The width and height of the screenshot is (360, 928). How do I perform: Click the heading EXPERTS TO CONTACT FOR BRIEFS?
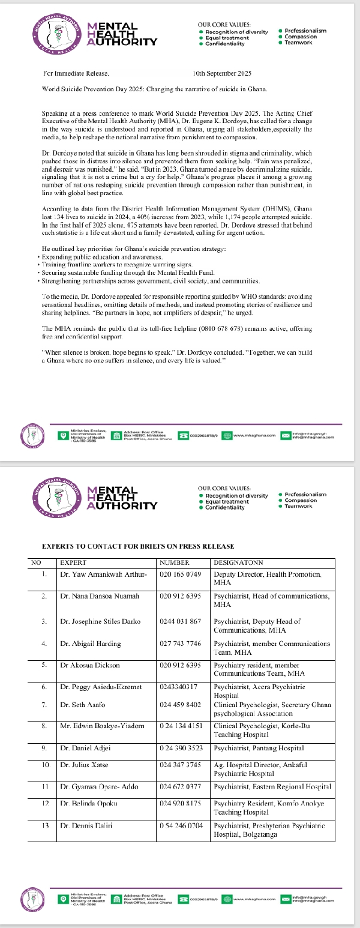click(x=137, y=546)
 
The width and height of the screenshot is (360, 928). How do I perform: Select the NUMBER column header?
click(x=175, y=562)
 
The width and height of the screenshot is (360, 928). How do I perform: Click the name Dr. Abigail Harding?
click(x=91, y=643)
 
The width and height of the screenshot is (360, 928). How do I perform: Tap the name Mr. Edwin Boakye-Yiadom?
click(x=102, y=726)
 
